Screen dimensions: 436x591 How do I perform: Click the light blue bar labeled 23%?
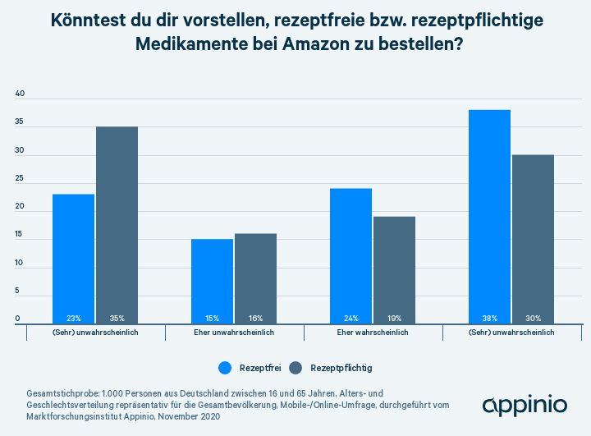[73, 259]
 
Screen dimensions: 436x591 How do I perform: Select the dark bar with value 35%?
[117, 225]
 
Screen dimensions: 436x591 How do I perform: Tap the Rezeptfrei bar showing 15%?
[212, 281]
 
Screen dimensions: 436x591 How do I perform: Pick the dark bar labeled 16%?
[255, 278]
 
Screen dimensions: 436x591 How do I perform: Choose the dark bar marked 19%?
[394, 270]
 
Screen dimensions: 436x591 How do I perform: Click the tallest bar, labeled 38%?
[489, 217]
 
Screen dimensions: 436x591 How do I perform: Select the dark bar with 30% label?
[533, 239]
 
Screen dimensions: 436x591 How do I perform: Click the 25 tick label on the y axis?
[21, 179]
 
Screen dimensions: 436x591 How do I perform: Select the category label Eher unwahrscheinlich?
[234, 333]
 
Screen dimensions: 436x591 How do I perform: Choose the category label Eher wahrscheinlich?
[373, 333]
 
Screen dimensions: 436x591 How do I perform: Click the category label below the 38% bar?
[511, 333]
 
